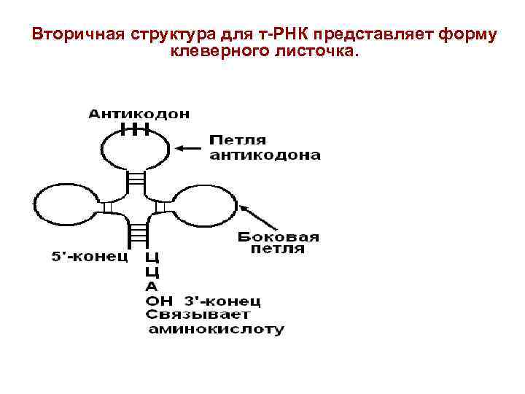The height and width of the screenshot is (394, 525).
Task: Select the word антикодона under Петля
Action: point(265,155)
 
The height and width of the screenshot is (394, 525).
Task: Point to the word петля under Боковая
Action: point(278,250)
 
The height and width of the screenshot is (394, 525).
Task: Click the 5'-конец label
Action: point(90,257)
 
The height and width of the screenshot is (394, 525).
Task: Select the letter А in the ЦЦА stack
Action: point(151,287)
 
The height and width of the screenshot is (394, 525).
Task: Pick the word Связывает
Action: point(198,314)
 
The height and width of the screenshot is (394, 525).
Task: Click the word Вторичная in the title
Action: point(78,35)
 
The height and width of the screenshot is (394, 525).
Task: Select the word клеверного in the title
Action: point(211,52)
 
